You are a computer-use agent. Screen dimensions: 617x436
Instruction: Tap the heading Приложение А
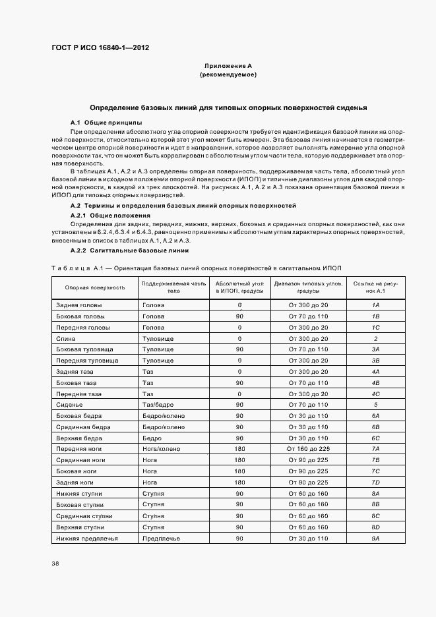tap(228, 66)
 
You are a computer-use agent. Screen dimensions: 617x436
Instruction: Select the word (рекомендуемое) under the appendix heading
tap(228, 74)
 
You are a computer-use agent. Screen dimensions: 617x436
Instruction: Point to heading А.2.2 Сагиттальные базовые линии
tap(130, 251)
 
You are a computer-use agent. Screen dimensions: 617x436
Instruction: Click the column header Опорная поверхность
tap(95, 287)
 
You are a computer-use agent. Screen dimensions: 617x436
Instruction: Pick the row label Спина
tap(66, 338)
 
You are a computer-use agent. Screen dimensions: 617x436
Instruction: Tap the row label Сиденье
tap(69, 405)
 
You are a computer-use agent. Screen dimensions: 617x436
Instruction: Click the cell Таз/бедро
tap(158, 405)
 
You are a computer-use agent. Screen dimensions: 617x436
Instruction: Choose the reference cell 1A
tap(375, 305)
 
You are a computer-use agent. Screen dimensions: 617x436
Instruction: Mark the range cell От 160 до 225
tap(308, 449)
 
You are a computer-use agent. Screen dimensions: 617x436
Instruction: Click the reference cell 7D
tap(375, 483)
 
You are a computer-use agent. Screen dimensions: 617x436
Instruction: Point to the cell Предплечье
tap(161, 538)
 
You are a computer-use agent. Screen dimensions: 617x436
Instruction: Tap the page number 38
tap(55, 564)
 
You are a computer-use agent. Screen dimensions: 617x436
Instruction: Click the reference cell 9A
tap(375, 538)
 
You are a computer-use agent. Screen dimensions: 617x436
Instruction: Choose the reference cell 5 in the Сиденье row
tap(375, 405)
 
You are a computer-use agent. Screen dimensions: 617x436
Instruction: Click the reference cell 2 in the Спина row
tap(375, 338)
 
